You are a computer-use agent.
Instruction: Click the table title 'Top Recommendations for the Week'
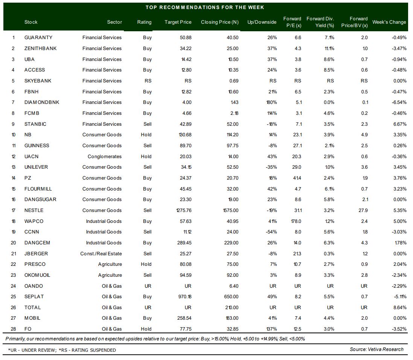pyautogui.click(x=205, y=8)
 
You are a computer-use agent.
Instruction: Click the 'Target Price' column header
pyautogui.click(x=178, y=22)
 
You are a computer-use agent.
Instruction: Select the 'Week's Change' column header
pyautogui.click(x=389, y=22)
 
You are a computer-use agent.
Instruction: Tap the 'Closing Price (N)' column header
pyautogui.click(x=219, y=22)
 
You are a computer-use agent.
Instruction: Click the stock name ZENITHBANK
pyautogui.click(x=41, y=49)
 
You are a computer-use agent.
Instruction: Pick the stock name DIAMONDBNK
pyautogui.click(x=42, y=102)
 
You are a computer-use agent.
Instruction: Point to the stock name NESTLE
pyautogui.click(x=34, y=210)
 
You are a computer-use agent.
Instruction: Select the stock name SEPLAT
pyautogui.click(x=34, y=296)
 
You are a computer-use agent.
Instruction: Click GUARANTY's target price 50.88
pyautogui.click(x=186, y=38)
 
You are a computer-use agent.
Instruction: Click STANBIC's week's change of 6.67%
pyautogui.click(x=400, y=124)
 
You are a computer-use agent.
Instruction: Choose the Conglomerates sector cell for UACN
pyautogui.click(x=105, y=157)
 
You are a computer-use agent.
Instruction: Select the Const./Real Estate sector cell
pyautogui.click(x=101, y=253)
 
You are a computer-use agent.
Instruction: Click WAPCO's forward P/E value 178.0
pyautogui.click(x=296, y=221)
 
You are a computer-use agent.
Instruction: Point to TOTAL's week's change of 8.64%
pyautogui.click(x=400, y=307)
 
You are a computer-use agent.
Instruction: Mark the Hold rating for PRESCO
pyautogui.click(x=146, y=264)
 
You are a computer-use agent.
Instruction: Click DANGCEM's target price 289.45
pyautogui.click(x=184, y=243)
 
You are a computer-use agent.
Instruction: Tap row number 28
pyautogui.click(x=14, y=329)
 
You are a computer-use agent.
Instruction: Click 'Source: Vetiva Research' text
pyautogui.click(x=376, y=349)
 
